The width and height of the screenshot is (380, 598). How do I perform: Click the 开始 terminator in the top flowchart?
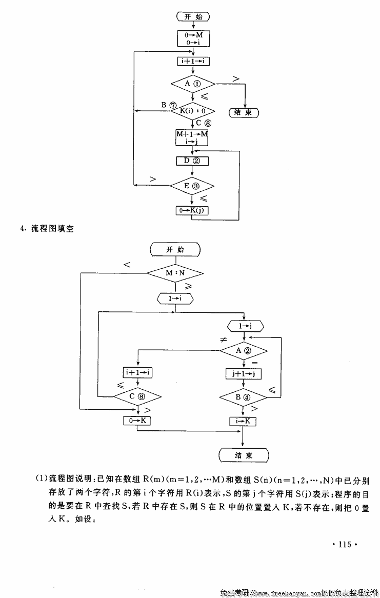193,17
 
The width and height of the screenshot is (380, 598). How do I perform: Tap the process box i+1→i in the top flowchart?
193,61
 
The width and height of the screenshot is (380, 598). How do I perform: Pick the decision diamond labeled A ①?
192,83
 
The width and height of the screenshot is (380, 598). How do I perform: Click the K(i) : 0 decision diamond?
192,110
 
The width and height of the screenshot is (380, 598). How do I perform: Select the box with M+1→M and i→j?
192,137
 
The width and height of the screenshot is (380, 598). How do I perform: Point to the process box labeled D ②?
192,161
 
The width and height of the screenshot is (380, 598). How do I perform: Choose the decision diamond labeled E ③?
192,185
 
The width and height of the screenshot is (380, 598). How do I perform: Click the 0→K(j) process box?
192,210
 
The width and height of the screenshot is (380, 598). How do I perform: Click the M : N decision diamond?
175,273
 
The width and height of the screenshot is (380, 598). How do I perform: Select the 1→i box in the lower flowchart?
175,297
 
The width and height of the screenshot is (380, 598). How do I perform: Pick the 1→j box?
244,326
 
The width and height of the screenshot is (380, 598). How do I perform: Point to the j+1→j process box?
244,374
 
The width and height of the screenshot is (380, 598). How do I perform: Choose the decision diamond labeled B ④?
244,397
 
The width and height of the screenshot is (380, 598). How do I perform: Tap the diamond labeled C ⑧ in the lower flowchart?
137,396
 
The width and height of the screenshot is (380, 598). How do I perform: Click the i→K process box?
243,421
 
